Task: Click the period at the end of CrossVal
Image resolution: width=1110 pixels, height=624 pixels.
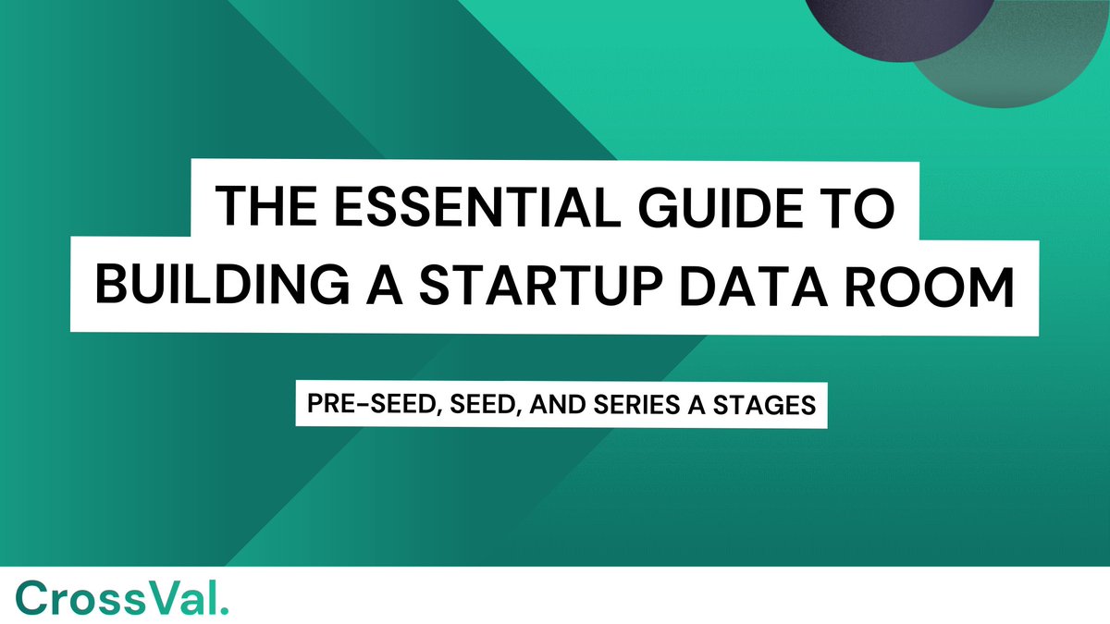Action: pyautogui.click(x=225, y=607)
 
